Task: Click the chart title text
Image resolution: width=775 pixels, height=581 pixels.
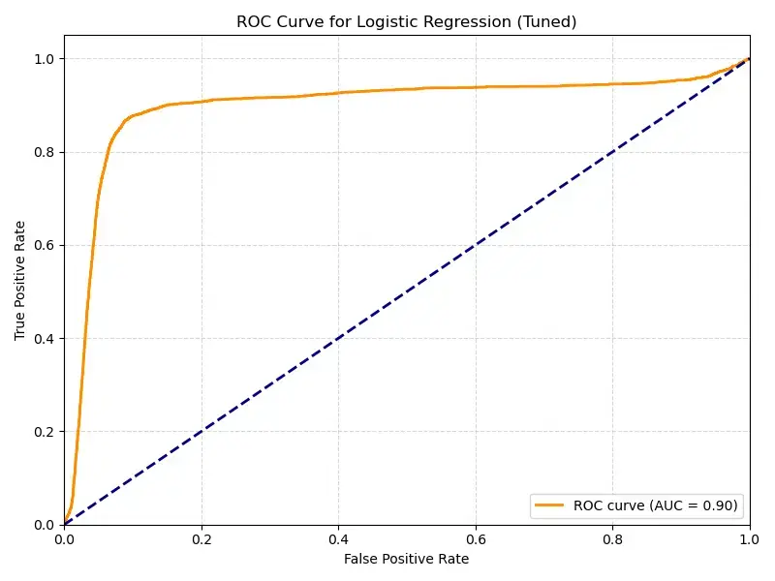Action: click(406, 22)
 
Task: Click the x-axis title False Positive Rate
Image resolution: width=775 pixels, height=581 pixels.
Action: click(406, 560)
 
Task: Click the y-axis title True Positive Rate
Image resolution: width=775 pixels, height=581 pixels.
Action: click(20, 280)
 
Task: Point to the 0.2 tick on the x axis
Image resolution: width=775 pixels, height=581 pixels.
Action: click(201, 539)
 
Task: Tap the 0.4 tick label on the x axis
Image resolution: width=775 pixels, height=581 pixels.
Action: click(338, 539)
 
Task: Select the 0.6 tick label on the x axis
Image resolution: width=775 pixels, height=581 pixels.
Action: click(475, 539)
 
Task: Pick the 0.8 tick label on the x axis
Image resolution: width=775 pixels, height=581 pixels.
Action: click(612, 539)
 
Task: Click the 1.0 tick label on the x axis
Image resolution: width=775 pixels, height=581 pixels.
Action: click(749, 539)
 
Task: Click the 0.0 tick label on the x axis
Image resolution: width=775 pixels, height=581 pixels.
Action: click(64, 539)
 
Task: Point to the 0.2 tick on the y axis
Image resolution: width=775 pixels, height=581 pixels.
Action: click(44, 431)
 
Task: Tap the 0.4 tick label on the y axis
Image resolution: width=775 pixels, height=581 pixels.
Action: click(44, 338)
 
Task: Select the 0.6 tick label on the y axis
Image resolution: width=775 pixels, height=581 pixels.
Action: click(44, 245)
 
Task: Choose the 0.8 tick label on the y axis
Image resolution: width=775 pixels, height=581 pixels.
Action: click(44, 152)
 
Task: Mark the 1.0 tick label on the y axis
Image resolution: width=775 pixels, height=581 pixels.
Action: click(44, 59)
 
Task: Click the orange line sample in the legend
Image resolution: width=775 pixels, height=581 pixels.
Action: click(550, 505)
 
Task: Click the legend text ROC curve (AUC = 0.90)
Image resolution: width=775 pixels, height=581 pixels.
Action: click(655, 505)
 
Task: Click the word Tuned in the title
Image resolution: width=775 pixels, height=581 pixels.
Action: click(547, 22)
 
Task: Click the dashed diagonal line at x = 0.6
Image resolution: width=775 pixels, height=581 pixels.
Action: click(475, 245)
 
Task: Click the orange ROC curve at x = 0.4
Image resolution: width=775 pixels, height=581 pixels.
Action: click(338, 93)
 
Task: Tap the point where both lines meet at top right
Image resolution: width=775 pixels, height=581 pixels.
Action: click(749, 59)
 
